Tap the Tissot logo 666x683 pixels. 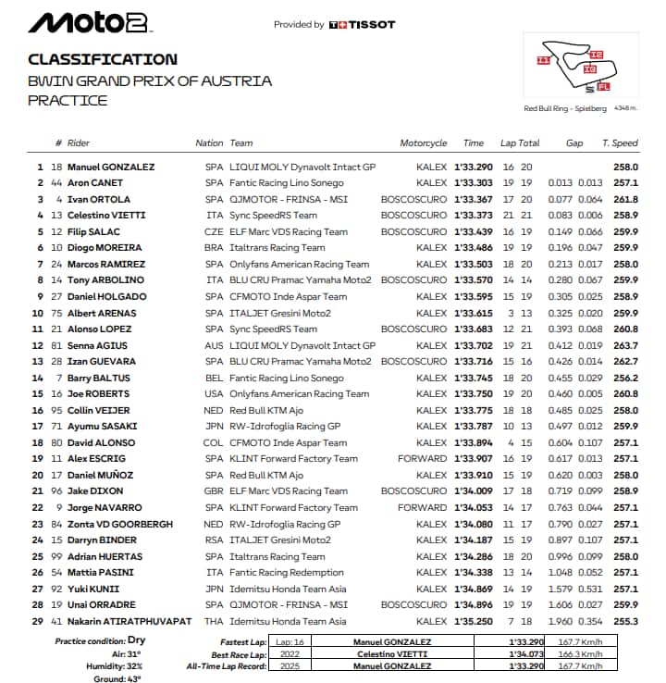click(x=362, y=25)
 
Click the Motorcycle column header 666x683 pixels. click(x=423, y=143)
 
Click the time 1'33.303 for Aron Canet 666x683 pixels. click(x=474, y=183)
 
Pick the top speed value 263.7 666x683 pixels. click(x=625, y=345)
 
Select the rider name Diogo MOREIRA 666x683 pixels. click(x=109, y=248)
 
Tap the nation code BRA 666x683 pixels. click(x=215, y=248)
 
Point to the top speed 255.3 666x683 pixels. click(x=625, y=621)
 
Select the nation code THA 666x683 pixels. click(x=215, y=621)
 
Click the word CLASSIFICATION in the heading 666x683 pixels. click(x=103, y=59)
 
